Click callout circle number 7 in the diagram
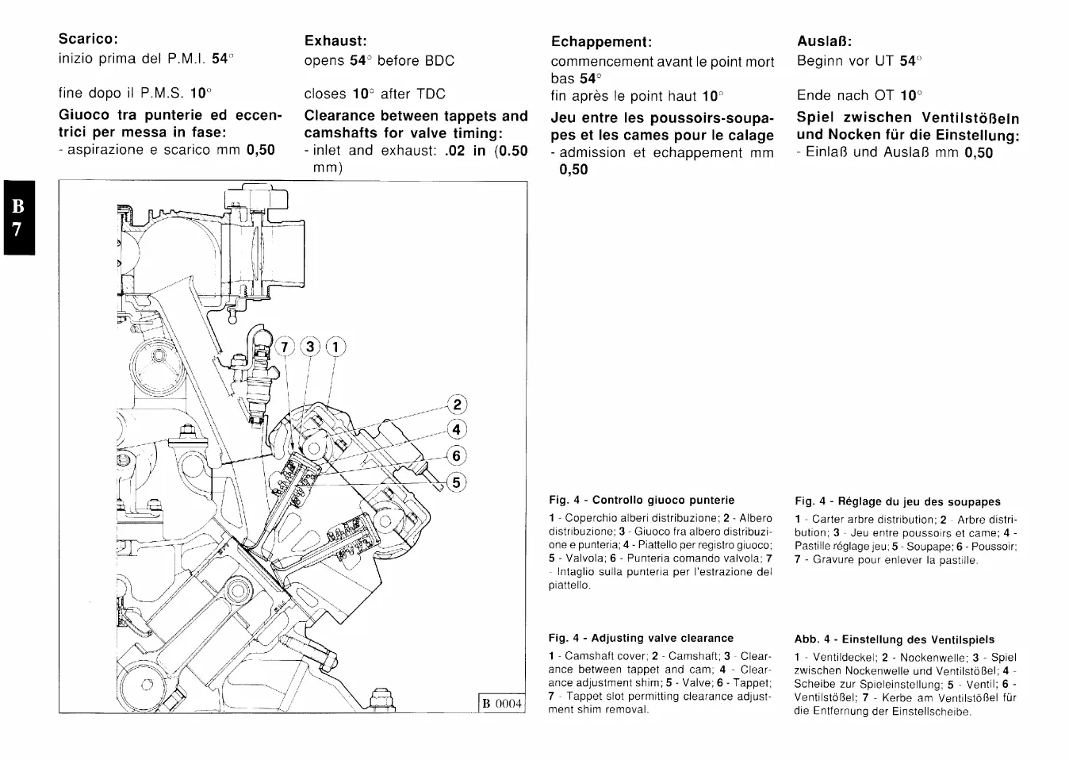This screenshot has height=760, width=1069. (284, 347)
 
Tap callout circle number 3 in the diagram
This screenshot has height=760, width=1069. (310, 347)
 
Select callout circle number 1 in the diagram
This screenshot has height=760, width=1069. (335, 347)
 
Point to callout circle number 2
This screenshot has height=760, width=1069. (457, 404)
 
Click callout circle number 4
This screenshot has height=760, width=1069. (457, 430)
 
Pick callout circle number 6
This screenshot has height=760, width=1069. (457, 456)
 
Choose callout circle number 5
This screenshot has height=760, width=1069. (457, 482)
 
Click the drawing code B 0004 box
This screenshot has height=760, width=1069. (502, 703)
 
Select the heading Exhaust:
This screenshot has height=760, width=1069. (335, 40)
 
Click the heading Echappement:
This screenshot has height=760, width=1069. (601, 41)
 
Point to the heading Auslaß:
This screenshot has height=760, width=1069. (824, 40)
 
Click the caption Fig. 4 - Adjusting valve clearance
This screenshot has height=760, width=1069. (641, 638)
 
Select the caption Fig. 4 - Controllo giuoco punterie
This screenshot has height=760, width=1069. (642, 500)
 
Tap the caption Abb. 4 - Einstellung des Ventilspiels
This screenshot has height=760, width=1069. (895, 639)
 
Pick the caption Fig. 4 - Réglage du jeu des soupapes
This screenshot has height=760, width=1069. (898, 501)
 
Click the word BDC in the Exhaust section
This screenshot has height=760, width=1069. (439, 61)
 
